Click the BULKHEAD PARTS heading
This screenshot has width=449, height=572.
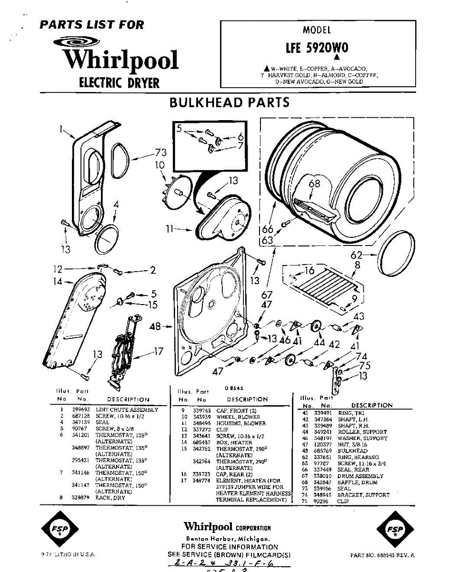coord(229,102)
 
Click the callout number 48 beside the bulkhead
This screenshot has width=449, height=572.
coord(155,327)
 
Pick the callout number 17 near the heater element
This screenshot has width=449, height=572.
coord(158,353)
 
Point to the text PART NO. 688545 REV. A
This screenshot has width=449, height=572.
coord(382,555)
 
